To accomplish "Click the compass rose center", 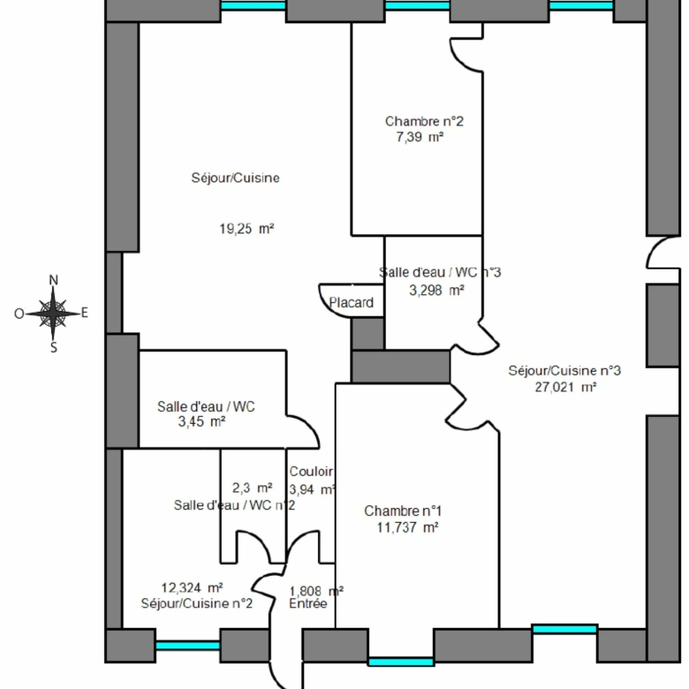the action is pyautogui.click(x=53, y=314).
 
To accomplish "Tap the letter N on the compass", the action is pyautogui.click(x=53, y=280).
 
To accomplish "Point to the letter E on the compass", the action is pyautogui.click(x=85, y=313).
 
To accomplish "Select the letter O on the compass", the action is pyautogui.click(x=19, y=314).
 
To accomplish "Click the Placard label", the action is pyautogui.click(x=351, y=303).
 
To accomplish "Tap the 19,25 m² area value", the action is pyautogui.click(x=246, y=229).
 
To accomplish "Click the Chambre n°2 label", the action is pyautogui.click(x=424, y=121).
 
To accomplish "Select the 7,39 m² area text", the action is pyautogui.click(x=420, y=137).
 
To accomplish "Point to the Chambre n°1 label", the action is pyautogui.click(x=403, y=511).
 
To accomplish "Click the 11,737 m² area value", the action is pyautogui.click(x=407, y=527).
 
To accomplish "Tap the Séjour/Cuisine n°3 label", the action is pyautogui.click(x=564, y=371).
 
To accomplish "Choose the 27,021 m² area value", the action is pyautogui.click(x=565, y=387).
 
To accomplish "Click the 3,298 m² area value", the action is pyautogui.click(x=436, y=291).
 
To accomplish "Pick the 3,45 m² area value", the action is pyautogui.click(x=201, y=422).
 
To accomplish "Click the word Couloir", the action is pyautogui.click(x=311, y=472).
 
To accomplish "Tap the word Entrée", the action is pyautogui.click(x=308, y=603).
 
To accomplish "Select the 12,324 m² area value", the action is pyautogui.click(x=192, y=588).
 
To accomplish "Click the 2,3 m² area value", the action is pyautogui.click(x=253, y=488).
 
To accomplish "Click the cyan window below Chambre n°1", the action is pyautogui.click(x=401, y=662).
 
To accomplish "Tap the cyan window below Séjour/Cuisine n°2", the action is pyautogui.click(x=187, y=646).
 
